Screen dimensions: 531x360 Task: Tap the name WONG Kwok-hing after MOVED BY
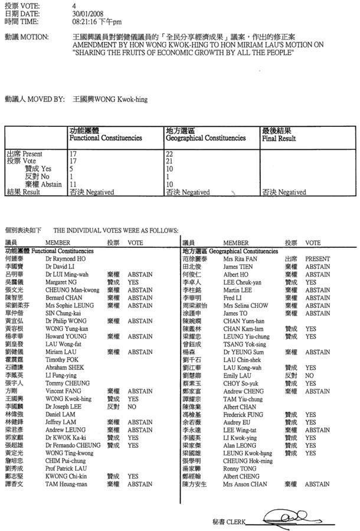point(119,100)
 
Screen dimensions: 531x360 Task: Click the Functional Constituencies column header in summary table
point(106,137)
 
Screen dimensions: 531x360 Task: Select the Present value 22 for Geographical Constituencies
point(170,153)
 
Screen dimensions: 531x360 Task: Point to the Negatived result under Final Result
point(284,192)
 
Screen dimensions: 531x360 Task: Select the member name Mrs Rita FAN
point(238,259)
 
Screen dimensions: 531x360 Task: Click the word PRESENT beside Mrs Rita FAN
point(317,259)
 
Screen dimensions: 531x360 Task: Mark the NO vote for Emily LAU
point(309,375)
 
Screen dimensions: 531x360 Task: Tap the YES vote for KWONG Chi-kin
point(133,476)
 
